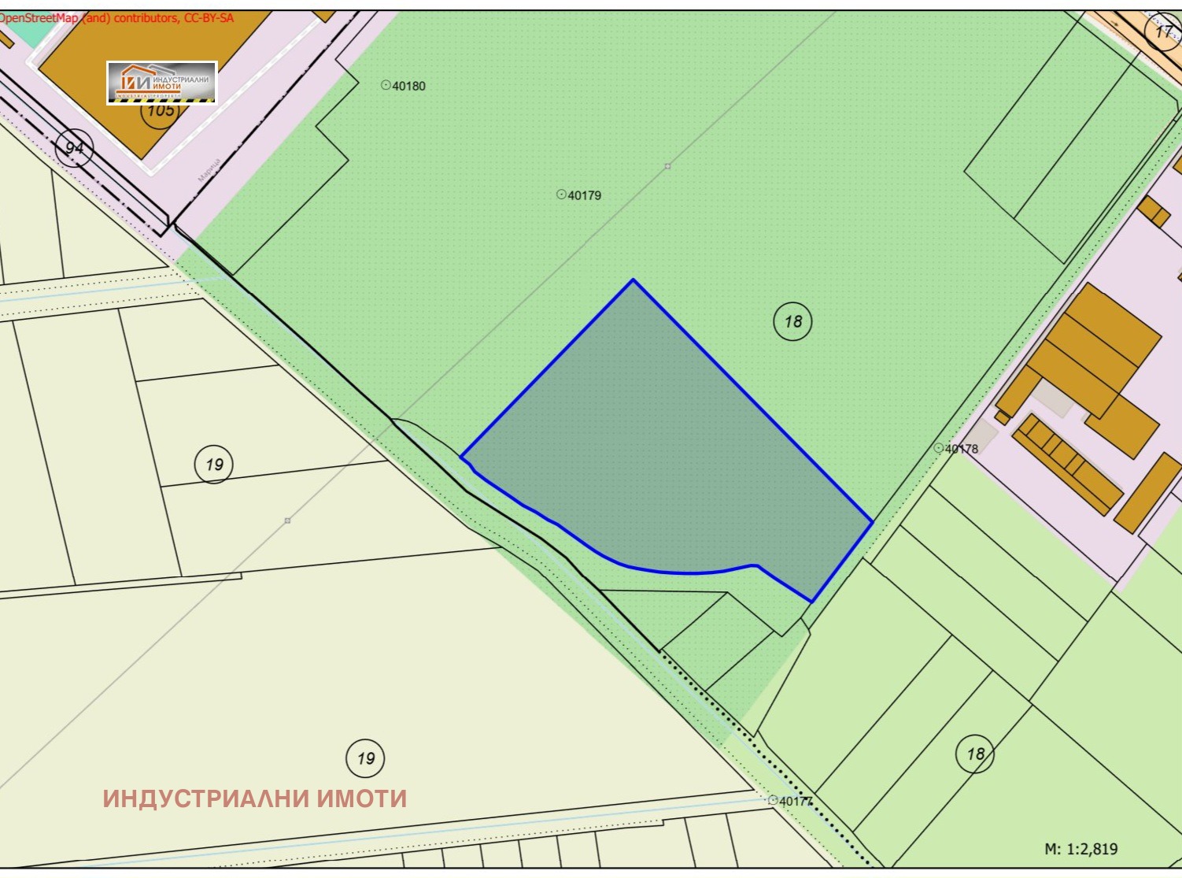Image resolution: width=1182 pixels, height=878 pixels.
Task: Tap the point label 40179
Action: pyautogui.click(x=583, y=195)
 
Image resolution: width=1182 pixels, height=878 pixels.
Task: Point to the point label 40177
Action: pyautogui.click(x=795, y=801)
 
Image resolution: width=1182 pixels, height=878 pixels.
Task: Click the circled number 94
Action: pyautogui.click(x=75, y=147)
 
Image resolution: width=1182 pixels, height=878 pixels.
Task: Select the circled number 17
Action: pyautogui.click(x=1164, y=32)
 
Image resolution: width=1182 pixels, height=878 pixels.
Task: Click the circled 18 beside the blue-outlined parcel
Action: pyautogui.click(x=792, y=321)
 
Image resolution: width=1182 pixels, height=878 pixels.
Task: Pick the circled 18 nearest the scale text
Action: pyautogui.click(x=975, y=754)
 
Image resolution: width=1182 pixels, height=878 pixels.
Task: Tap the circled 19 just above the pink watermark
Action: pyautogui.click(x=366, y=758)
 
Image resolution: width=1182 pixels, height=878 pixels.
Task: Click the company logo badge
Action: pyautogui.click(x=161, y=82)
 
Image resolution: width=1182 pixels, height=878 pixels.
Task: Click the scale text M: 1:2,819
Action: pyautogui.click(x=1080, y=849)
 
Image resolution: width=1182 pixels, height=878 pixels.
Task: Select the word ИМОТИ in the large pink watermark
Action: pyautogui.click(x=362, y=798)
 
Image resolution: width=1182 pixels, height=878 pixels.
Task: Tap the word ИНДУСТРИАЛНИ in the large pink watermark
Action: pyautogui.click(x=206, y=798)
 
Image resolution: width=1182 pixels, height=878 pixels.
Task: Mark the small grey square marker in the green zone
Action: pyautogui.click(x=667, y=166)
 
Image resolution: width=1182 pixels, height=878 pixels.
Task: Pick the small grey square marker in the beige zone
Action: pyautogui.click(x=288, y=521)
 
